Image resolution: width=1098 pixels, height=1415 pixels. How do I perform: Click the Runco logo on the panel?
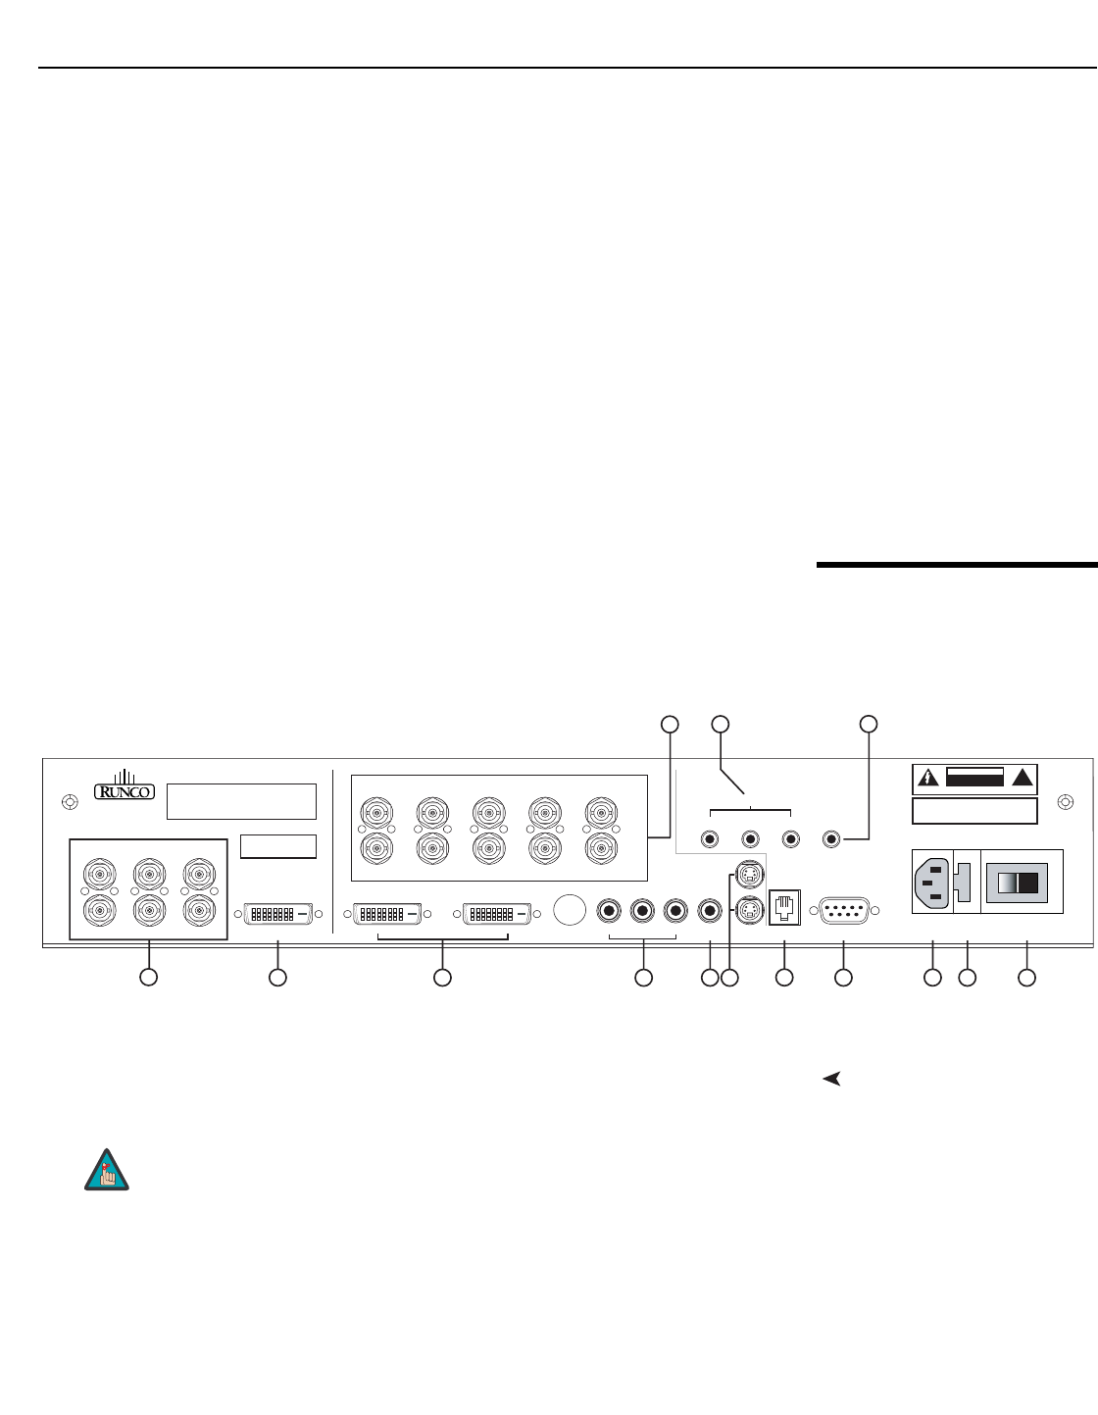125,787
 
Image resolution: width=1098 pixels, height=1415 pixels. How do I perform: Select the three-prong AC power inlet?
932,882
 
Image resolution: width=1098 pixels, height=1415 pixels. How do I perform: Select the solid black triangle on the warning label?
1023,779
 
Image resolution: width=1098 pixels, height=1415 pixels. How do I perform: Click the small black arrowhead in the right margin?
831,1079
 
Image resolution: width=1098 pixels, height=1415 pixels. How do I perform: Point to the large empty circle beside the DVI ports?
569,910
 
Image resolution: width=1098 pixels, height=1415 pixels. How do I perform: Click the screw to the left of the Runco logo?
70,801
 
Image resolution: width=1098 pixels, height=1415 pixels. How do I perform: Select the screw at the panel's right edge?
1066,801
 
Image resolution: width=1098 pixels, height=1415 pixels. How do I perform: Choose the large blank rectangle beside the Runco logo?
241,801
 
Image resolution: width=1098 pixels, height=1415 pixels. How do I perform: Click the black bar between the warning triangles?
974,779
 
